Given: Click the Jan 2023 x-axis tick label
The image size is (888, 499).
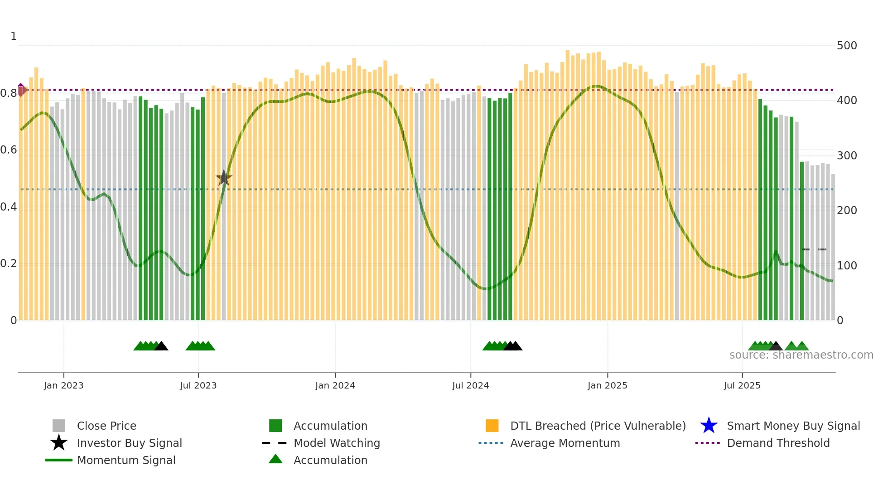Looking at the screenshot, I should [x=63, y=385].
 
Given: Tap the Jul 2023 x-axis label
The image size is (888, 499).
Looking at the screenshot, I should [x=198, y=385].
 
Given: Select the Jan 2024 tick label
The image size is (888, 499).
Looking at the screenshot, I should [x=335, y=385].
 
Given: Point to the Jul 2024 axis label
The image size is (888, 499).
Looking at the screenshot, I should [x=470, y=385].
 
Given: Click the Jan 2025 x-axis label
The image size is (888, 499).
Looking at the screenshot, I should [x=607, y=385].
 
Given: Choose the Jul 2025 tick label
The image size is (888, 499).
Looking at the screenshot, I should [x=742, y=385].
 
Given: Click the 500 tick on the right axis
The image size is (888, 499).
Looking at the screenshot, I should [x=846, y=46].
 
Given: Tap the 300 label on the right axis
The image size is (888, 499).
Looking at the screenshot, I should [x=846, y=156].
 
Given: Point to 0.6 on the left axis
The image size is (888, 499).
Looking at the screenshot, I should [x=9, y=150].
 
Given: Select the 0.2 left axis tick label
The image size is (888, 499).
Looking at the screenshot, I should [x=9, y=264].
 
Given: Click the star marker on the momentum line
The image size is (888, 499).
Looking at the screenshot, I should [x=223, y=178].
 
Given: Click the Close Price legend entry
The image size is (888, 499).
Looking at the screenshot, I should [x=106, y=426].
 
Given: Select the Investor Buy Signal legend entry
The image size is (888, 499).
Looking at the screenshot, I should [x=129, y=443].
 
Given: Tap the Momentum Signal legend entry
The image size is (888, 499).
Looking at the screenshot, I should [x=126, y=460].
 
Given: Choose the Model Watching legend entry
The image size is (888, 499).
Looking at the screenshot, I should [x=336, y=443].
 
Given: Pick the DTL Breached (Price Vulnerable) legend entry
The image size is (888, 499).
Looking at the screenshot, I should [x=598, y=426].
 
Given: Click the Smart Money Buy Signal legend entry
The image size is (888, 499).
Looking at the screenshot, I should [x=793, y=426].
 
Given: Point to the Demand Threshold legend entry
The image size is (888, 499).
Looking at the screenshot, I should [x=778, y=443].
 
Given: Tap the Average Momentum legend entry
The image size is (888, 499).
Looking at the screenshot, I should [x=565, y=443].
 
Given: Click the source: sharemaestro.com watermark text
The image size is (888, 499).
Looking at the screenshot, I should [x=801, y=355].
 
